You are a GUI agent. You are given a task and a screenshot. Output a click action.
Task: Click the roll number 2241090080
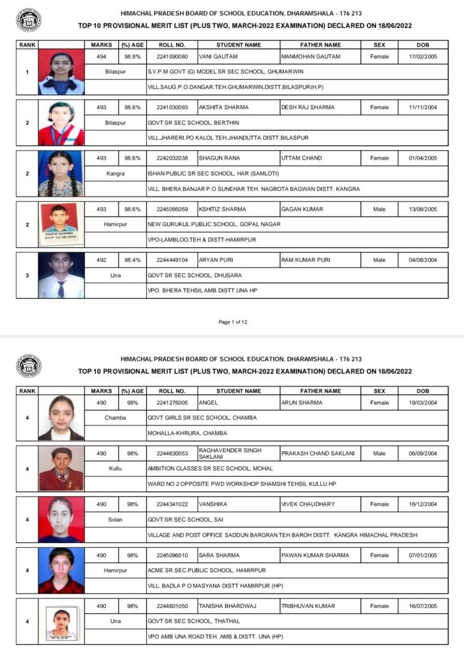click(172, 56)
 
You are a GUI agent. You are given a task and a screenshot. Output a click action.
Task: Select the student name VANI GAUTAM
click(218, 56)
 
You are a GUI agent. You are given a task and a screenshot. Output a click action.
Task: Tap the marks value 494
click(101, 56)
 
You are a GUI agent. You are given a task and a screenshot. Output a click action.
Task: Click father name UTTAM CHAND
click(302, 158)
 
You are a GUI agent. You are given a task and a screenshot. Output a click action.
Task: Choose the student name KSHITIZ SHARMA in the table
click(222, 209)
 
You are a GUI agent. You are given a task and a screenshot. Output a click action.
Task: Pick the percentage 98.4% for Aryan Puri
click(133, 260)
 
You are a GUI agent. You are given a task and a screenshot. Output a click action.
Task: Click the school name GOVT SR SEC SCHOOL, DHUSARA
click(194, 275)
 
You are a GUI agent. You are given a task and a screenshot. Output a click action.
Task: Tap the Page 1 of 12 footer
click(232, 322)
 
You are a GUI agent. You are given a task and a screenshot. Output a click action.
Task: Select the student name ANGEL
click(209, 403)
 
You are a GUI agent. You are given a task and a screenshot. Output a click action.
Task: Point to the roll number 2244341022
click(172, 504)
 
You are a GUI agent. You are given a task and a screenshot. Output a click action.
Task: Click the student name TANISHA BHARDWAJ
click(227, 606)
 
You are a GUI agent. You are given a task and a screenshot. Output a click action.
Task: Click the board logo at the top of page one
click(28, 20)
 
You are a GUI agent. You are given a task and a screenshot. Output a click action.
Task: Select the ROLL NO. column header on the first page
click(172, 45)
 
